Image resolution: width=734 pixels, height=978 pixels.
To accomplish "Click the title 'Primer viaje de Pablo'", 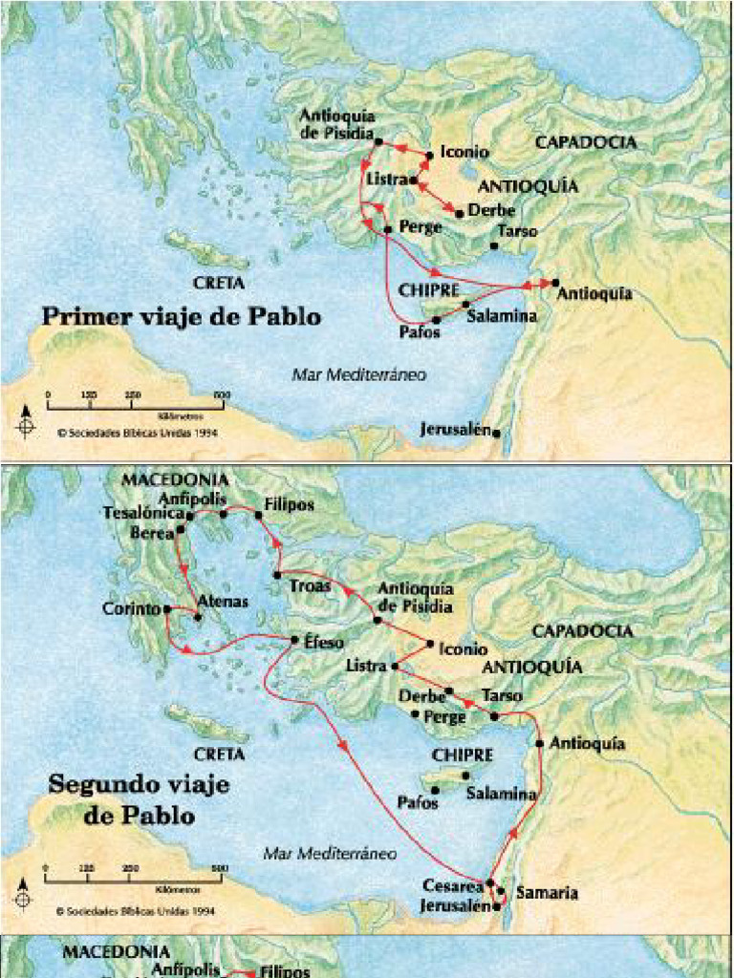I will [x=181, y=316].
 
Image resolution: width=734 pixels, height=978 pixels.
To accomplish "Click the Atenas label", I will [x=222, y=602].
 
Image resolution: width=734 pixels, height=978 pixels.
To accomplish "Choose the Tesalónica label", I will [x=143, y=513].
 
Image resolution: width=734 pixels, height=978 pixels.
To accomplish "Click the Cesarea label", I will [x=453, y=885].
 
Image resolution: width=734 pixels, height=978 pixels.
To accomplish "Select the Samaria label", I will [x=547, y=893].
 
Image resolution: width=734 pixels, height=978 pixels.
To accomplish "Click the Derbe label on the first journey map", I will [x=493, y=211].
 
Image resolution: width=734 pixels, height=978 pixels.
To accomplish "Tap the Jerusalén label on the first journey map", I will [x=455, y=430].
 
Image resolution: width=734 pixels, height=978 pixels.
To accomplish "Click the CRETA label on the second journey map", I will [x=219, y=754].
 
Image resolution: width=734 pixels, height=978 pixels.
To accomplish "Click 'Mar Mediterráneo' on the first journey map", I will [x=358, y=374].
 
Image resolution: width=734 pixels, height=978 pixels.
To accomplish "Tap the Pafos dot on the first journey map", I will [x=436, y=319].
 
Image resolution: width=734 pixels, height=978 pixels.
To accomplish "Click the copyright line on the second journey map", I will [x=134, y=911].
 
